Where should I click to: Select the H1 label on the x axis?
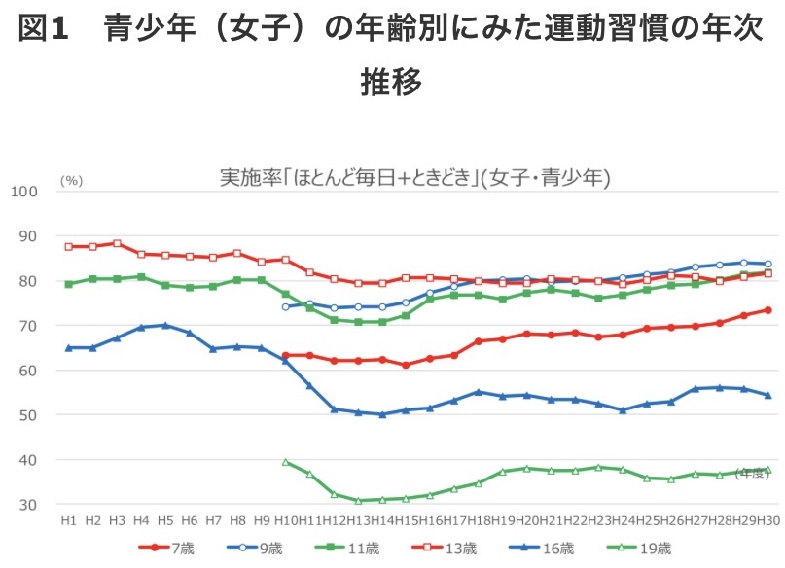pos(69,522)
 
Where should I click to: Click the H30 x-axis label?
pos(767,522)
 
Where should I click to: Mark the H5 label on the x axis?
pos(165,522)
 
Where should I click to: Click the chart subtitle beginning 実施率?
pos(414,178)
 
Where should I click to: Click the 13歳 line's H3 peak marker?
pos(117,243)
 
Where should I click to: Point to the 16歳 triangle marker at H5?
pos(165,325)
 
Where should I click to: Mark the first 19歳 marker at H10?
pos(286,462)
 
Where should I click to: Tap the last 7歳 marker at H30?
pos(767,310)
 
